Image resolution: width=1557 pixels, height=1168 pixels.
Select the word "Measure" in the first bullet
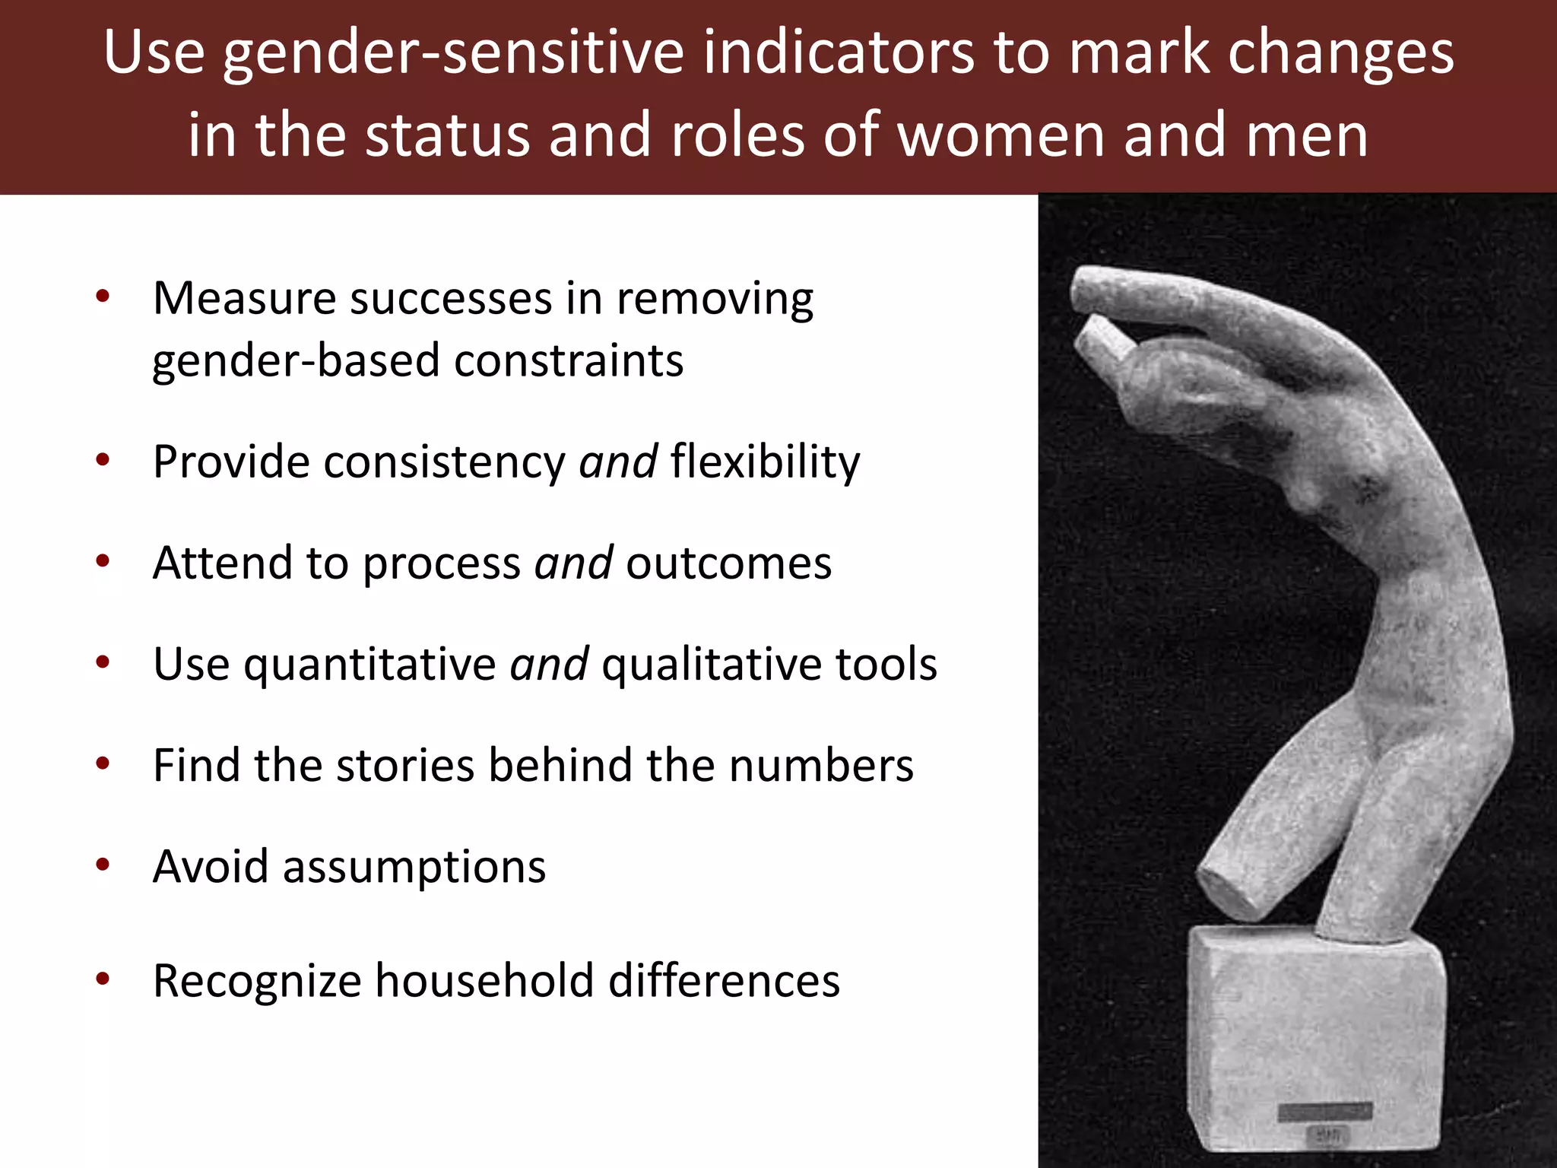[x=244, y=298]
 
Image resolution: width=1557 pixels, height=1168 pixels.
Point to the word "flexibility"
[x=765, y=462]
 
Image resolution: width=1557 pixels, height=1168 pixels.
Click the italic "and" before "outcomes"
[x=573, y=563]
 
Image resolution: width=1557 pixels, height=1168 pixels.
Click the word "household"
[x=485, y=980]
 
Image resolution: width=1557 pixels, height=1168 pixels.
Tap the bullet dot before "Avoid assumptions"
[x=103, y=865]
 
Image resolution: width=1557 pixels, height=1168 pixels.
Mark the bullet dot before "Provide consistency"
[x=103, y=460]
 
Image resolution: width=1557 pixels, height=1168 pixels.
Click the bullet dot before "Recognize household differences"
[x=103, y=979]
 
